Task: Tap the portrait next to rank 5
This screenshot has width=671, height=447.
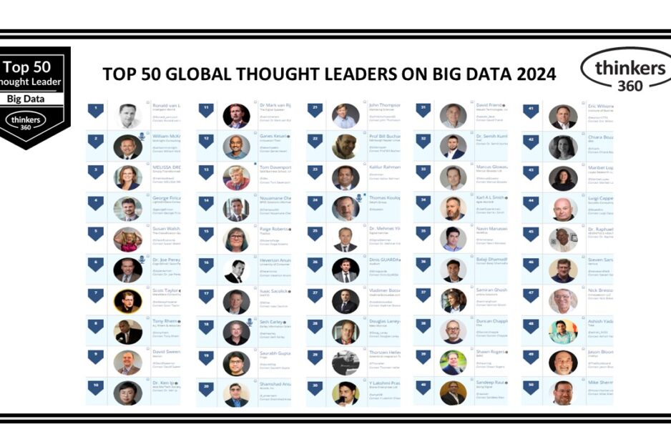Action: click(127, 239)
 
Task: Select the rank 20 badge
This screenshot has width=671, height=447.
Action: click(206, 388)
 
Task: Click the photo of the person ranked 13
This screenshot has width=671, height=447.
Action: click(236, 177)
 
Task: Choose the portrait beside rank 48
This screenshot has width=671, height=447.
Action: click(563, 331)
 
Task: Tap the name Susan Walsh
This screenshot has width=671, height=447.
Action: click(167, 230)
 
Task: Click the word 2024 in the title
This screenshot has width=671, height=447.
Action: click(532, 74)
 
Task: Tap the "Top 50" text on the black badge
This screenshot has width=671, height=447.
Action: click(27, 67)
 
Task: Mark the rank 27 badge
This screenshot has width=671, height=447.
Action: click(315, 295)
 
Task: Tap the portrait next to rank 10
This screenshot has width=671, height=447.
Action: click(127, 393)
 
